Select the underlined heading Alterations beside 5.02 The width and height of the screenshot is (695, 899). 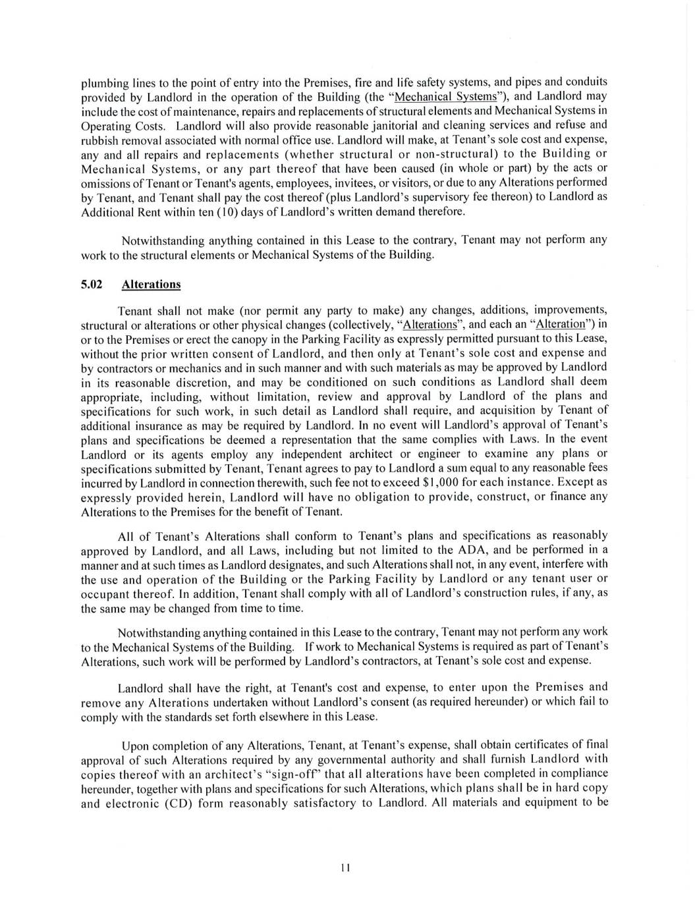[151, 284]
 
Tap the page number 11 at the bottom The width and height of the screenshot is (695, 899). [345, 867]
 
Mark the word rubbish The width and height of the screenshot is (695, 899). [99, 140]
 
